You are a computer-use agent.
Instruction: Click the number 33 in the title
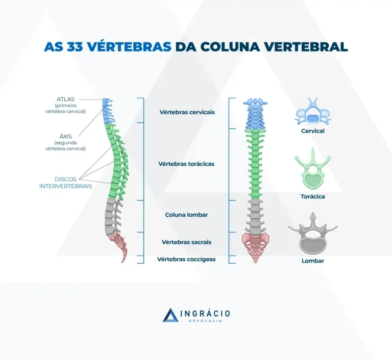tap(75, 46)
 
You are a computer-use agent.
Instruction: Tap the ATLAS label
tap(65, 99)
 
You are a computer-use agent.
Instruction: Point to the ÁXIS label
tap(65, 137)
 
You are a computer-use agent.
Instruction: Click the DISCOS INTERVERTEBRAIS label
tap(65, 183)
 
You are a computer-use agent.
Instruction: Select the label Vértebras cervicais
tap(187, 112)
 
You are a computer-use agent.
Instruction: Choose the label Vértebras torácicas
tap(186, 164)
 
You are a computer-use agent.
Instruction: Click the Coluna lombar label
tap(186, 215)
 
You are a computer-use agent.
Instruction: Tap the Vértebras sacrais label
tap(186, 242)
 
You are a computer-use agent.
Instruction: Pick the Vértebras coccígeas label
tap(186, 260)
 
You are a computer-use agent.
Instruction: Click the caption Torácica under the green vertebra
tap(313, 197)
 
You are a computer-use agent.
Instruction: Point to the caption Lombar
tap(313, 261)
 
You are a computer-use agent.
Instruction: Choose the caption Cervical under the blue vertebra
tap(313, 131)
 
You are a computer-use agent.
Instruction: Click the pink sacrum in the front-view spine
tap(255, 244)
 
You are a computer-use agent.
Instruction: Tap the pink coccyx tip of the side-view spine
tap(122, 261)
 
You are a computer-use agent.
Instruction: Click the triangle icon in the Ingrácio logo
tap(170, 315)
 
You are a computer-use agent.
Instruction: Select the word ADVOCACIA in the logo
tap(205, 321)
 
